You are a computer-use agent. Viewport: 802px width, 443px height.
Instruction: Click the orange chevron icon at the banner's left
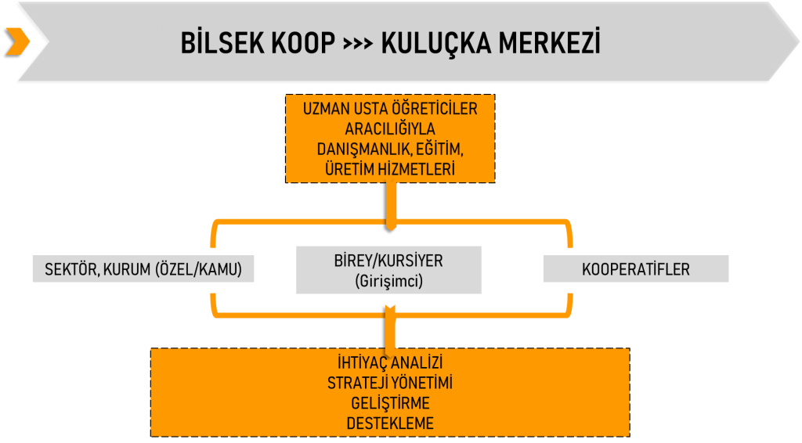17,41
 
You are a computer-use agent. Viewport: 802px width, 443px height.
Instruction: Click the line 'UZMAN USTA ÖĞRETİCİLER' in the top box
390,110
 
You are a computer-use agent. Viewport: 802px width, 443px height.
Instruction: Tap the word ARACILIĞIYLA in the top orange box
390,129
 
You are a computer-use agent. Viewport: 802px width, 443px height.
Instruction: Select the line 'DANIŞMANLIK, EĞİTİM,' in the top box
390,149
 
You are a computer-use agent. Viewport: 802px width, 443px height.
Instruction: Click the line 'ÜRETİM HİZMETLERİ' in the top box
390,168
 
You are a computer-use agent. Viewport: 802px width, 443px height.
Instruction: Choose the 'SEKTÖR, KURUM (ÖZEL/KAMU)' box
144,269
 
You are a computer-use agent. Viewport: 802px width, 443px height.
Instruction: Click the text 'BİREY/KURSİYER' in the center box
388,261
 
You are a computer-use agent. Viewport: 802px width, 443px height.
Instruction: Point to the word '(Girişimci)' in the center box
388,280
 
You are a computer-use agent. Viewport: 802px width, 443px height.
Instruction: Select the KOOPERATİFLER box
635,269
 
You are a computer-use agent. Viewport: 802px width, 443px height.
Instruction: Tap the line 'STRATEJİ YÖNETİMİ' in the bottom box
389,384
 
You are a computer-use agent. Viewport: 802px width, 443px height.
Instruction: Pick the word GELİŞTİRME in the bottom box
389,404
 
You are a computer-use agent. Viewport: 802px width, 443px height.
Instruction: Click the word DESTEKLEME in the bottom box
389,423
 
